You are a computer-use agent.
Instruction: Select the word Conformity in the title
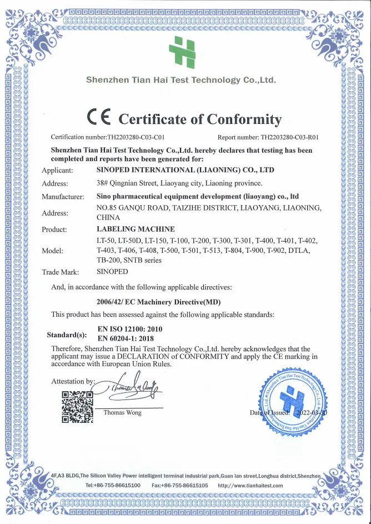pyautogui.click(x=244, y=119)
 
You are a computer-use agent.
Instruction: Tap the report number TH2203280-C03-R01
pyautogui.click(x=293, y=137)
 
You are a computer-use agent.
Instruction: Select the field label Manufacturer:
pyautogui.click(x=63, y=196)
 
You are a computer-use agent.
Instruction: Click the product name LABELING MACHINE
pyautogui.click(x=136, y=229)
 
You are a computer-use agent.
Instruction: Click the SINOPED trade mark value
pyautogui.click(x=112, y=272)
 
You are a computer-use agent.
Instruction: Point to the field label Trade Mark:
pyautogui.click(x=61, y=272)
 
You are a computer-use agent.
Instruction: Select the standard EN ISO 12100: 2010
pyautogui.click(x=130, y=329)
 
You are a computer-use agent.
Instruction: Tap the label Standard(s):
pyautogui.click(x=67, y=335)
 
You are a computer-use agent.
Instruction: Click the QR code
pyautogui.click(x=77, y=407)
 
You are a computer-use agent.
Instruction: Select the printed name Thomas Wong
pyautogui.click(x=123, y=412)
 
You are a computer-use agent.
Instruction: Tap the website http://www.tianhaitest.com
pyautogui.click(x=250, y=486)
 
